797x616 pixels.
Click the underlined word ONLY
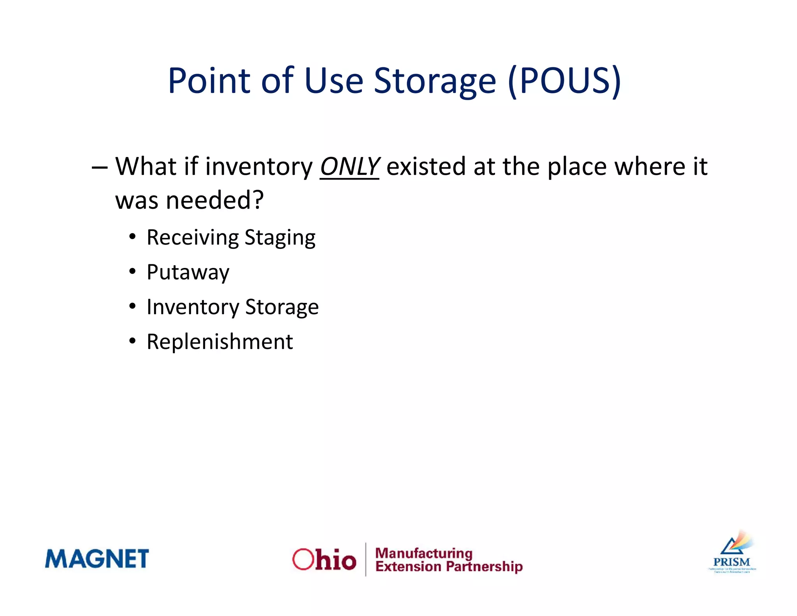(349, 167)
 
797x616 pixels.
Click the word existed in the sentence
(426, 167)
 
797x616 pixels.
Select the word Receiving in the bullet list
(193, 238)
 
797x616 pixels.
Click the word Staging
(280, 238)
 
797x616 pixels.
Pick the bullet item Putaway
(188, 273)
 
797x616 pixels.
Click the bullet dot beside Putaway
(133, 271)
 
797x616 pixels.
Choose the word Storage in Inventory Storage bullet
(282, 307)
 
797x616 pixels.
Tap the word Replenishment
(219, 342)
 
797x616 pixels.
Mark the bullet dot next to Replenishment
(133, 341)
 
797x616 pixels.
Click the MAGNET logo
(97, 559)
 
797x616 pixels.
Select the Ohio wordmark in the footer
(324, 560)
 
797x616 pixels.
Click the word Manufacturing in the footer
(423, 553)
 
